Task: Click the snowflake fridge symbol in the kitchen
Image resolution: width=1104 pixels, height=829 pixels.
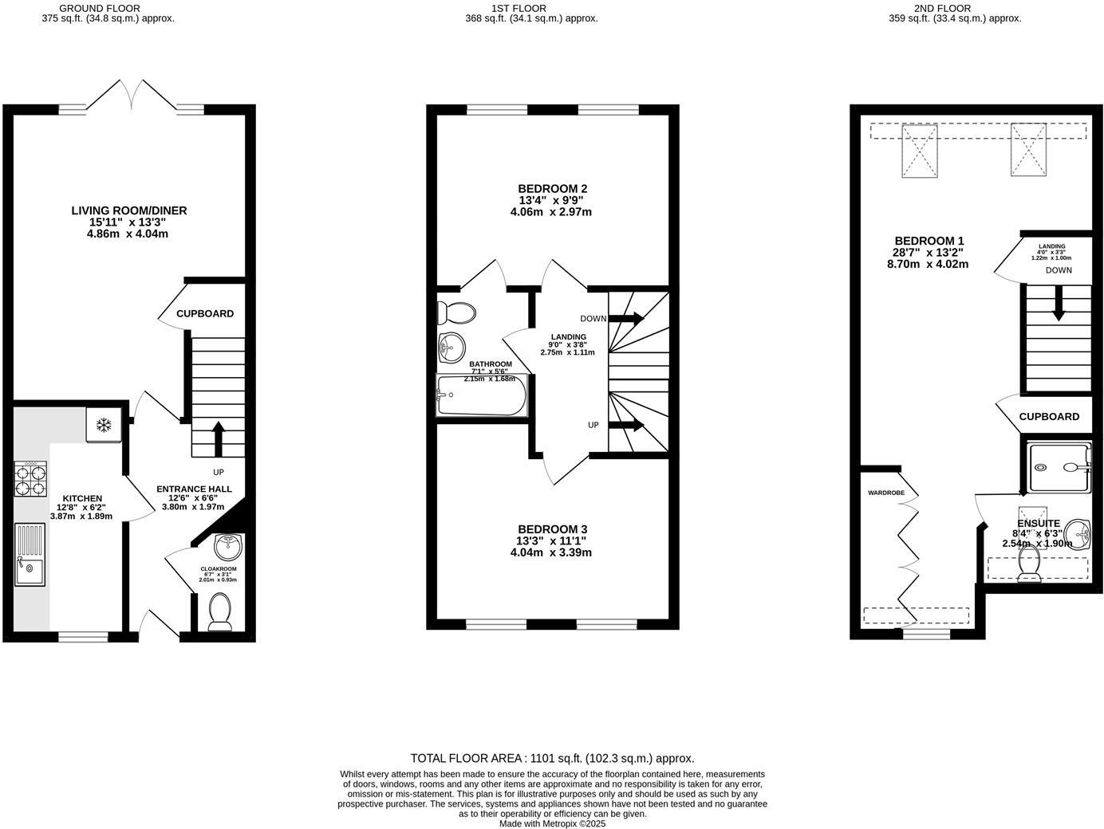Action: tap(103, 426)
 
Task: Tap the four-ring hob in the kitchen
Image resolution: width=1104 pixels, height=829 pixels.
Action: tap(30, 480)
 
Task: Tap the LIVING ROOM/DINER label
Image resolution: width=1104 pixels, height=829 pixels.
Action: tap(129, 210)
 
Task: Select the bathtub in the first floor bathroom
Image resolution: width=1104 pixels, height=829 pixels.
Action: tap(481, 395)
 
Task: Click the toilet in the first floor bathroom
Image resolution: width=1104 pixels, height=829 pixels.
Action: tap(457, 310)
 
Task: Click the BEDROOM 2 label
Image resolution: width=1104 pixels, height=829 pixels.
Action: tap(552, 189)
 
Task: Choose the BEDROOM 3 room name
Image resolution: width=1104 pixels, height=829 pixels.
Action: tap(552, 529)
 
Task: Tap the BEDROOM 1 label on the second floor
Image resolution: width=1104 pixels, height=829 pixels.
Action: tap(929, 241)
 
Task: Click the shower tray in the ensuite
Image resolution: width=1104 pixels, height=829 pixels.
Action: tap(1058, 468)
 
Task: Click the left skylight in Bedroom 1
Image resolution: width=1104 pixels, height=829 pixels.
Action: tap(919, 151)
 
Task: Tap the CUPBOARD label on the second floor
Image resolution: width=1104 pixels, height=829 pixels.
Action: tap(1049, 416)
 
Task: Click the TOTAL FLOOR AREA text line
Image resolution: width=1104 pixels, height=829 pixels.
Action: tap(552, 758)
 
